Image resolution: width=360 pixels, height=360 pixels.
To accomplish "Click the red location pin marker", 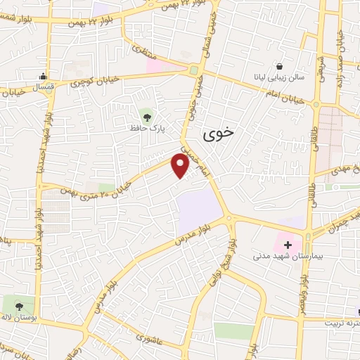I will [x=181, y=166].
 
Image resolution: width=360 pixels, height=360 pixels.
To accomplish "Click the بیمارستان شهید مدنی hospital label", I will [x=285, y=257].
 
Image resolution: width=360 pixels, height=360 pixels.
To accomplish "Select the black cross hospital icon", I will [x=288, y=244].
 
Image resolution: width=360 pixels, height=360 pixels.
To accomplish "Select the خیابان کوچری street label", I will [x=87, y=82].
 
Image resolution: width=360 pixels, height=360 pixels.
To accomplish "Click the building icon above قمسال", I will [x=44, y=77].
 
